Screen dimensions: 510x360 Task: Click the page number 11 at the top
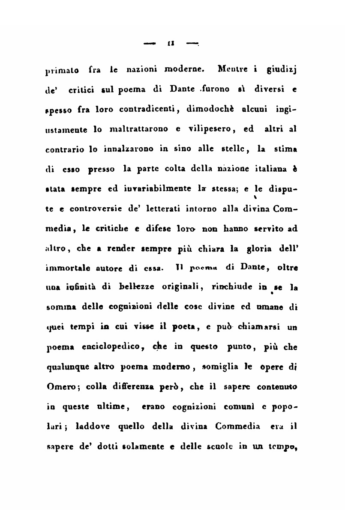[x=171, y=43]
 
